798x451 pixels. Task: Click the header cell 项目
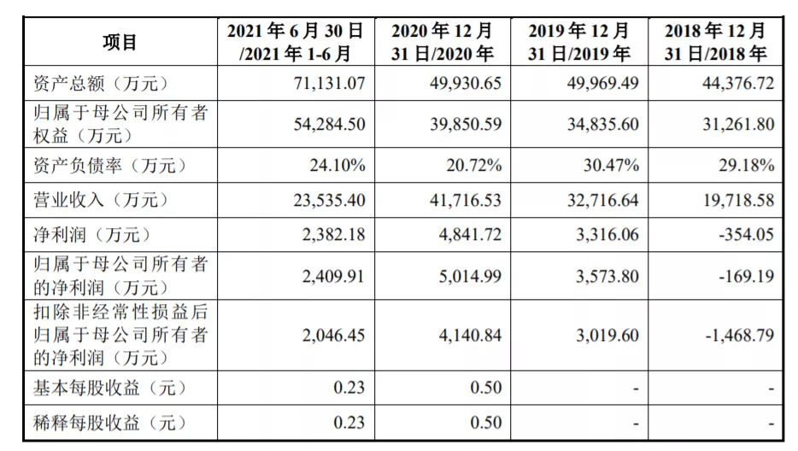[x=120, y=42]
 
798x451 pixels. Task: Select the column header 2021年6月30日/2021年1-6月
[x=295, y=42]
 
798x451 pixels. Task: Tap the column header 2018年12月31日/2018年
[x=715, y=42]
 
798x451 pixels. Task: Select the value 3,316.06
[x=601, y=234]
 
